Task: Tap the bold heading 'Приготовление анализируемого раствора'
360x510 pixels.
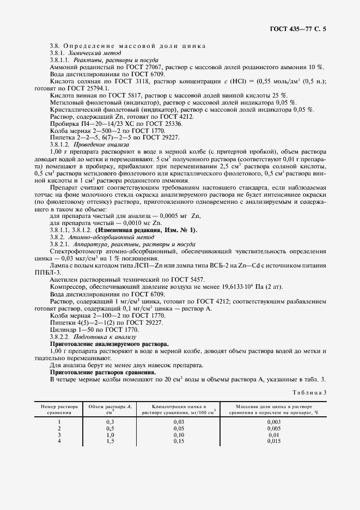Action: pyautogui.click(x=109, y=344)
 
